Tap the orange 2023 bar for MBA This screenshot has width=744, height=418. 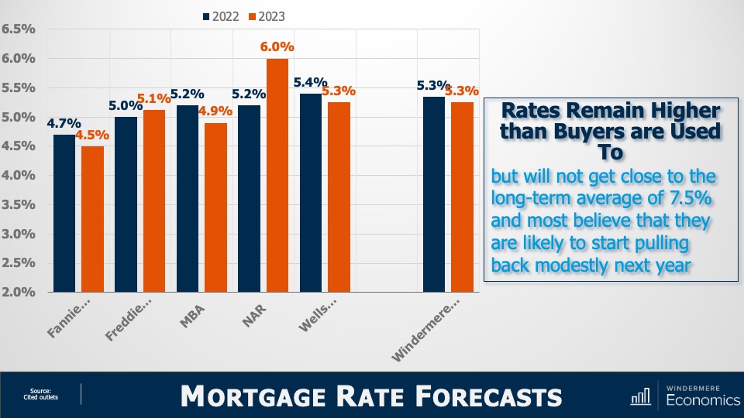[217, 207]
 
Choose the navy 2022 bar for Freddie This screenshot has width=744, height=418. [126, 204]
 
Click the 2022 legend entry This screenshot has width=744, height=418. [225, 15]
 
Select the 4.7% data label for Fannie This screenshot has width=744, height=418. [64, 122]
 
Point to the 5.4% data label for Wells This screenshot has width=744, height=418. [310, 82]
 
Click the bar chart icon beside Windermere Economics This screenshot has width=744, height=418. [640, 396]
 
